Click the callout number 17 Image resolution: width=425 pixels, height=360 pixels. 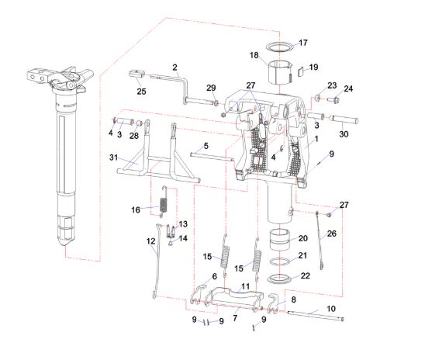pyautogui.click(x=303, y=43)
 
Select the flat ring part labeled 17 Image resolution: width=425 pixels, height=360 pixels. pyautogui.click(x=280, y=50)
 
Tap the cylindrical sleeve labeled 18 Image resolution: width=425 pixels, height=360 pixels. pyautogui.click(x=280, y=72)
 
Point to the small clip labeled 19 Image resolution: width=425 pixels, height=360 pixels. pyautogui.click(x=301, y=72)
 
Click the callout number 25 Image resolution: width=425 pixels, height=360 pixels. pyautogui.click(x=141, y=92)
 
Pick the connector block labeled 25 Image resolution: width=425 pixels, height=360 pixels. pyautogui.click(x=136, y=74)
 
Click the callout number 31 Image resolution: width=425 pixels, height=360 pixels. pyautogui.click(x=114, y=157)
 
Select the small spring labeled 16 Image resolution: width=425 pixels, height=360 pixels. pyautogui.click(x=164, y=202)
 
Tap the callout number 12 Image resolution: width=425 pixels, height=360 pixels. pyautogui.click(x=150, y=241)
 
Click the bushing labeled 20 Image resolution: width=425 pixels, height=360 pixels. pyautogui.click(x=279, y=240)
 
